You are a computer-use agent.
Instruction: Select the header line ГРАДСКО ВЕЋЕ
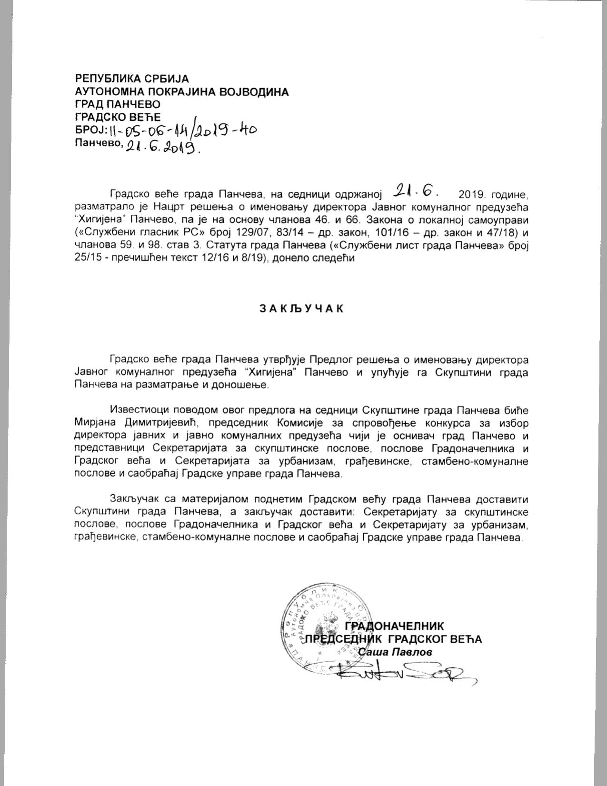(118, 117)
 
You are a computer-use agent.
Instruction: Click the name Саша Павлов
(395, 652)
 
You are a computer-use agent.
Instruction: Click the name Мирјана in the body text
(95, 423)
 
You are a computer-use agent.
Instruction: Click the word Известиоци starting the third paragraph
(135, 410)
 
